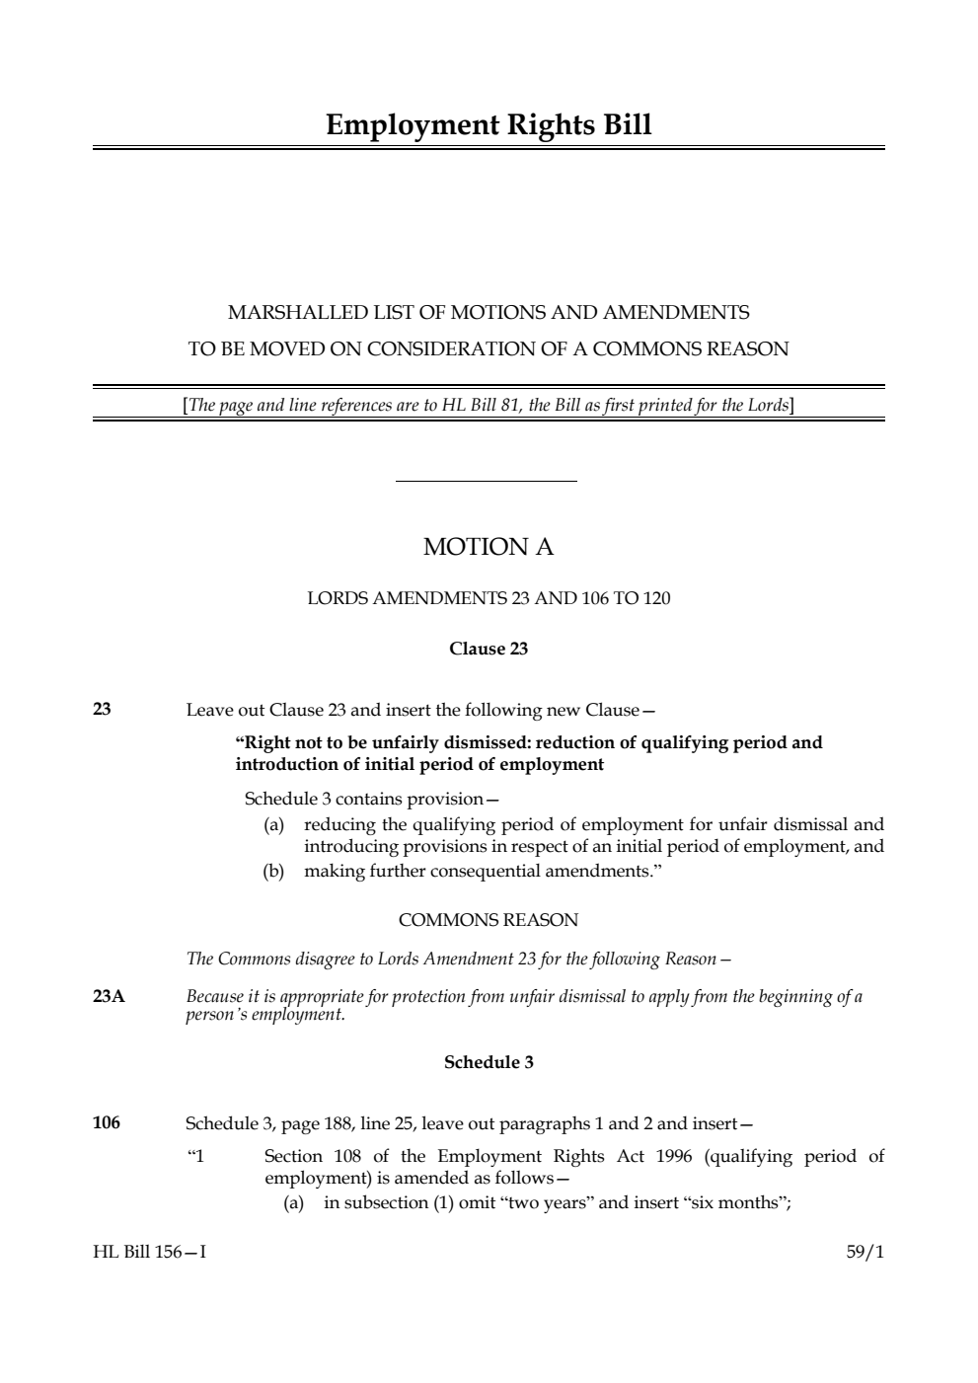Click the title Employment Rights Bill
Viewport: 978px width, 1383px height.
(489, 125)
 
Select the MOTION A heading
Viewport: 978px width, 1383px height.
(489, 547)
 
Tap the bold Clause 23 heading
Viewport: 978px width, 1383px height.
(489, 649)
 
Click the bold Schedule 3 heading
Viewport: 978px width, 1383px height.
(489, 1062)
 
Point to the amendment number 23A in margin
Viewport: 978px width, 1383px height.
(109, 996)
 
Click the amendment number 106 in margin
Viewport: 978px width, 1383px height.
(107, 1122)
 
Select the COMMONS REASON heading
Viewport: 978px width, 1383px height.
(489, 920)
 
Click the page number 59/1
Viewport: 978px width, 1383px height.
(865, 1252)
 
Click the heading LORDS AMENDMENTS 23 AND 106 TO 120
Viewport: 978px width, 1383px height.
(489, 598)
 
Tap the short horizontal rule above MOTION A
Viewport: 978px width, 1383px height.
(486, 482)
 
